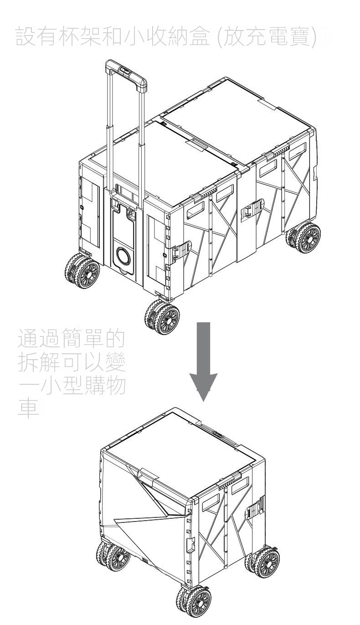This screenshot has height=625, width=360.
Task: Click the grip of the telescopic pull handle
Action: click(126, 71)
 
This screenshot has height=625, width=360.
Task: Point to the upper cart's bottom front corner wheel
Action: click(162, 316)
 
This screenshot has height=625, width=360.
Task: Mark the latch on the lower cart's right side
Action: click(254, 510)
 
